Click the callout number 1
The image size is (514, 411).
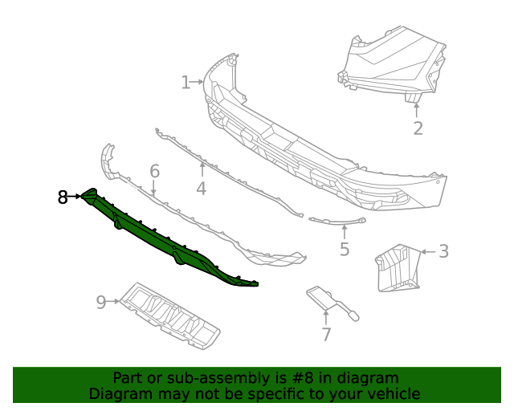pos(186,82)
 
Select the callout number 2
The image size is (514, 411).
pos(418,128)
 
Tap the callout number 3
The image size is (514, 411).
pos(443,251)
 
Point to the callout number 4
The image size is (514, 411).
pos(201,189)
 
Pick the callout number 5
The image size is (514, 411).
pos(345,249)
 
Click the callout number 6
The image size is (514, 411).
pos(154,171)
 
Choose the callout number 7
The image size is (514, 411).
pos(326,335)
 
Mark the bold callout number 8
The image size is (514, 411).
pos(63,197)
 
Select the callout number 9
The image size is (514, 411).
pos(101,302)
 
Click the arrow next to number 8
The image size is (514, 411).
pos(76,196)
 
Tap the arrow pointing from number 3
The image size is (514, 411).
pos(428,251)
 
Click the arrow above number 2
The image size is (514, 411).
pos(417,108)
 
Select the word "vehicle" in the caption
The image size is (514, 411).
pos(393,393)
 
